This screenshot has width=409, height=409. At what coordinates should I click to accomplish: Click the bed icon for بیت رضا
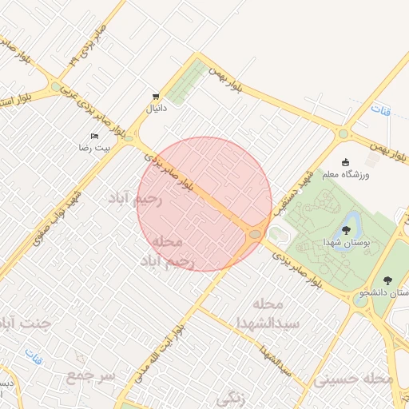click(x=95, y=136)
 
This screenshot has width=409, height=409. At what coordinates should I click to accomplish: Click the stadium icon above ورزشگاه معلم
click(x=345, y=162)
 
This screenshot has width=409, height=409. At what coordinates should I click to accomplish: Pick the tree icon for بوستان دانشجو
click(x=387, y=280)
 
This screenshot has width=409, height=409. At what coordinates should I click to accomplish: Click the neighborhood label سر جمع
click(x=91, y=375)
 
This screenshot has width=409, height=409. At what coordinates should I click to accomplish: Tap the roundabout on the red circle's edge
click(x=255, y=234)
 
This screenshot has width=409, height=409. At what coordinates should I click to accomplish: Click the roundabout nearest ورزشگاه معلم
click(x=343, y=135)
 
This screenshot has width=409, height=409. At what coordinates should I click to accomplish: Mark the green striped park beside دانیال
click(x=185, y=82)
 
